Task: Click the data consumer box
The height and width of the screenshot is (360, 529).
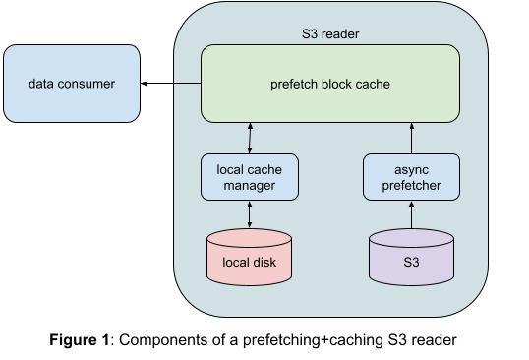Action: coord(72,84)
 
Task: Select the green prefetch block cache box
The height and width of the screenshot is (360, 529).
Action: coord(330,84)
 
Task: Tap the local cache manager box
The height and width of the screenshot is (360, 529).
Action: coord(250,176)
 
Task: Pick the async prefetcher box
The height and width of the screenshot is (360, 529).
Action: coord(412,176)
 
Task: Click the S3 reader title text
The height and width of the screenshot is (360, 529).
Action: coord(330,34)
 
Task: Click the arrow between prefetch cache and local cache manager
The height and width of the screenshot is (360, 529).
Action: coord(250,138)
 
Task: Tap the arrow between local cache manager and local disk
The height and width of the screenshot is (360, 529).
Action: coord(250,213)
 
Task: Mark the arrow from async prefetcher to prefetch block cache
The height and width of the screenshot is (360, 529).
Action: coord(412,138)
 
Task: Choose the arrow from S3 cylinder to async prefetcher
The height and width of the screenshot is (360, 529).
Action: coord(412,214)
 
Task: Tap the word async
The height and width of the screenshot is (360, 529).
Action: coord(412,168)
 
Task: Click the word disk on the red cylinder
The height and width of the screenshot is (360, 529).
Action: coord(266,264)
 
